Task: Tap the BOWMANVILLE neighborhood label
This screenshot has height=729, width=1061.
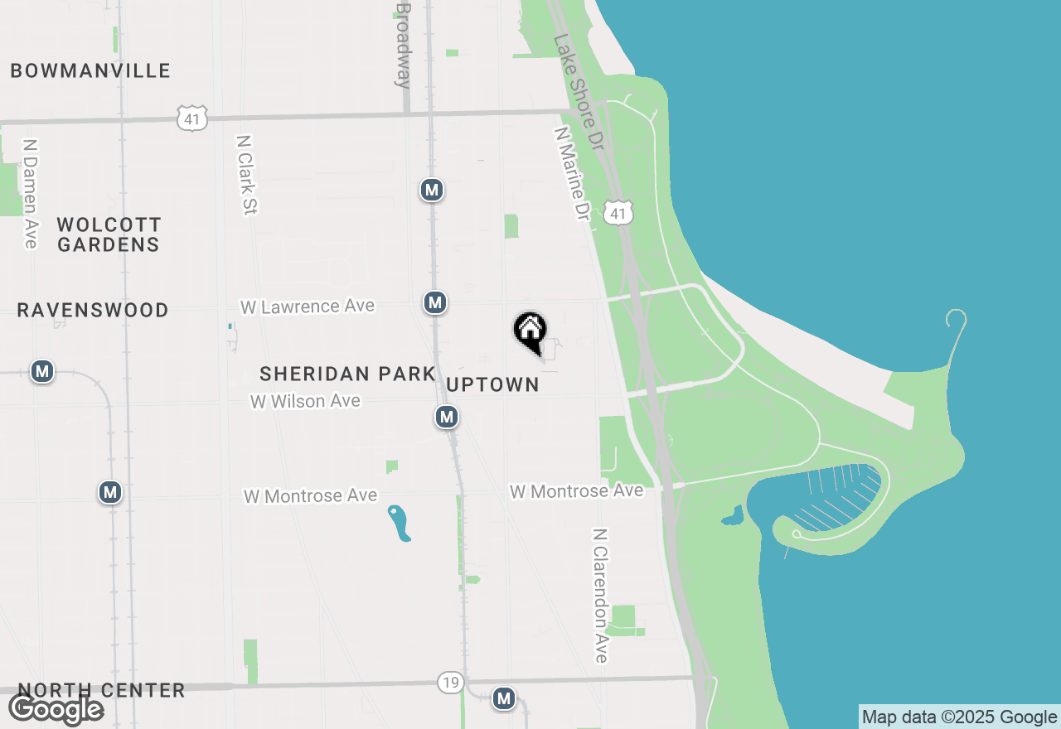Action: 90,71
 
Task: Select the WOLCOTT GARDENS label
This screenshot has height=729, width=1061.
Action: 109,234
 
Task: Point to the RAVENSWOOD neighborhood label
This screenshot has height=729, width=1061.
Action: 93,311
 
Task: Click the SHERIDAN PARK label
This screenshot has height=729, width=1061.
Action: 347,374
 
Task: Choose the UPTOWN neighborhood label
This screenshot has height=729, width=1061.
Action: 492,384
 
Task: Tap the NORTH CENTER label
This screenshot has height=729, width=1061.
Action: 101,691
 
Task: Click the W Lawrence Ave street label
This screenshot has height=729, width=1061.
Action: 308,307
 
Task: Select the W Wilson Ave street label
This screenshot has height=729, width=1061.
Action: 306,401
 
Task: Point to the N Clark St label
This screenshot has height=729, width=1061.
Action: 246,175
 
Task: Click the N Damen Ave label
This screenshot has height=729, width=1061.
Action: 31,193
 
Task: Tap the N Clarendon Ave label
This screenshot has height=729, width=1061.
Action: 601,596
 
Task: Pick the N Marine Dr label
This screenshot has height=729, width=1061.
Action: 572,172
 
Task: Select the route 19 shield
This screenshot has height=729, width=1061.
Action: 450,683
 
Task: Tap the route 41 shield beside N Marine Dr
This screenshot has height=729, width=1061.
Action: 618,213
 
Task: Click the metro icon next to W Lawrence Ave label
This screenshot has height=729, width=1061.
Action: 435,302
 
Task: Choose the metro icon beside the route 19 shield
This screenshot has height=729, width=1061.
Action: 503,698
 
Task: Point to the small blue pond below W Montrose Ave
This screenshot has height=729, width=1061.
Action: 400,523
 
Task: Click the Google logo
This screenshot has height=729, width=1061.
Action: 56,709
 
